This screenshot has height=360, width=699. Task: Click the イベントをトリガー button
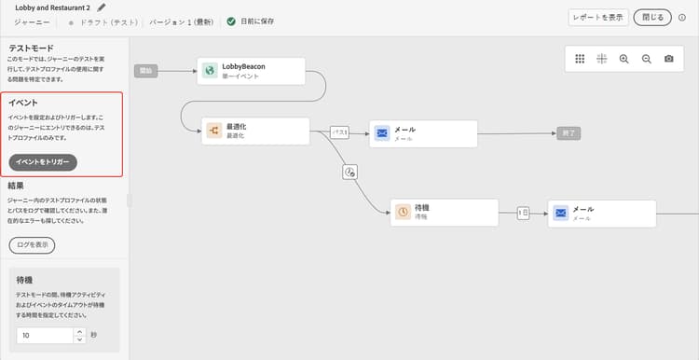coord(43,162)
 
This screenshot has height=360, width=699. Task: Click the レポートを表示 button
coord(597,17)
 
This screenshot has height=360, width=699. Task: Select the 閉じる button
coord(651,17)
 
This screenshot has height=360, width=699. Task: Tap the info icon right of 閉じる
coord(682,17)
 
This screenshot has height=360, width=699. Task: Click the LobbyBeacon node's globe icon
coord(212,72)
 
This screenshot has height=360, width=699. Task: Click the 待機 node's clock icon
coord(403,213)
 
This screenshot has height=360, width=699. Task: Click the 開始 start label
coord(146,71)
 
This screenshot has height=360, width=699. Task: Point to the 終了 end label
coord(569,132)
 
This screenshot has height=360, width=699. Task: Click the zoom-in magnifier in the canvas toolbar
coord(624,59)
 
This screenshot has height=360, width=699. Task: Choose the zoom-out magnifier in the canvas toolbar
coord(646,59)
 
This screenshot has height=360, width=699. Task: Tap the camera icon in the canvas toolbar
coord(669,59)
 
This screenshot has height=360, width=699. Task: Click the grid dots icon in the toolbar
coord(580,59)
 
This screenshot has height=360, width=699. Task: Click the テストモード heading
coord(31,48)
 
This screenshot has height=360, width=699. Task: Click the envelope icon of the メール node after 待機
coord(560,213)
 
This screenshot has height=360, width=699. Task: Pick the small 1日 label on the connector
coord(524,213)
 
